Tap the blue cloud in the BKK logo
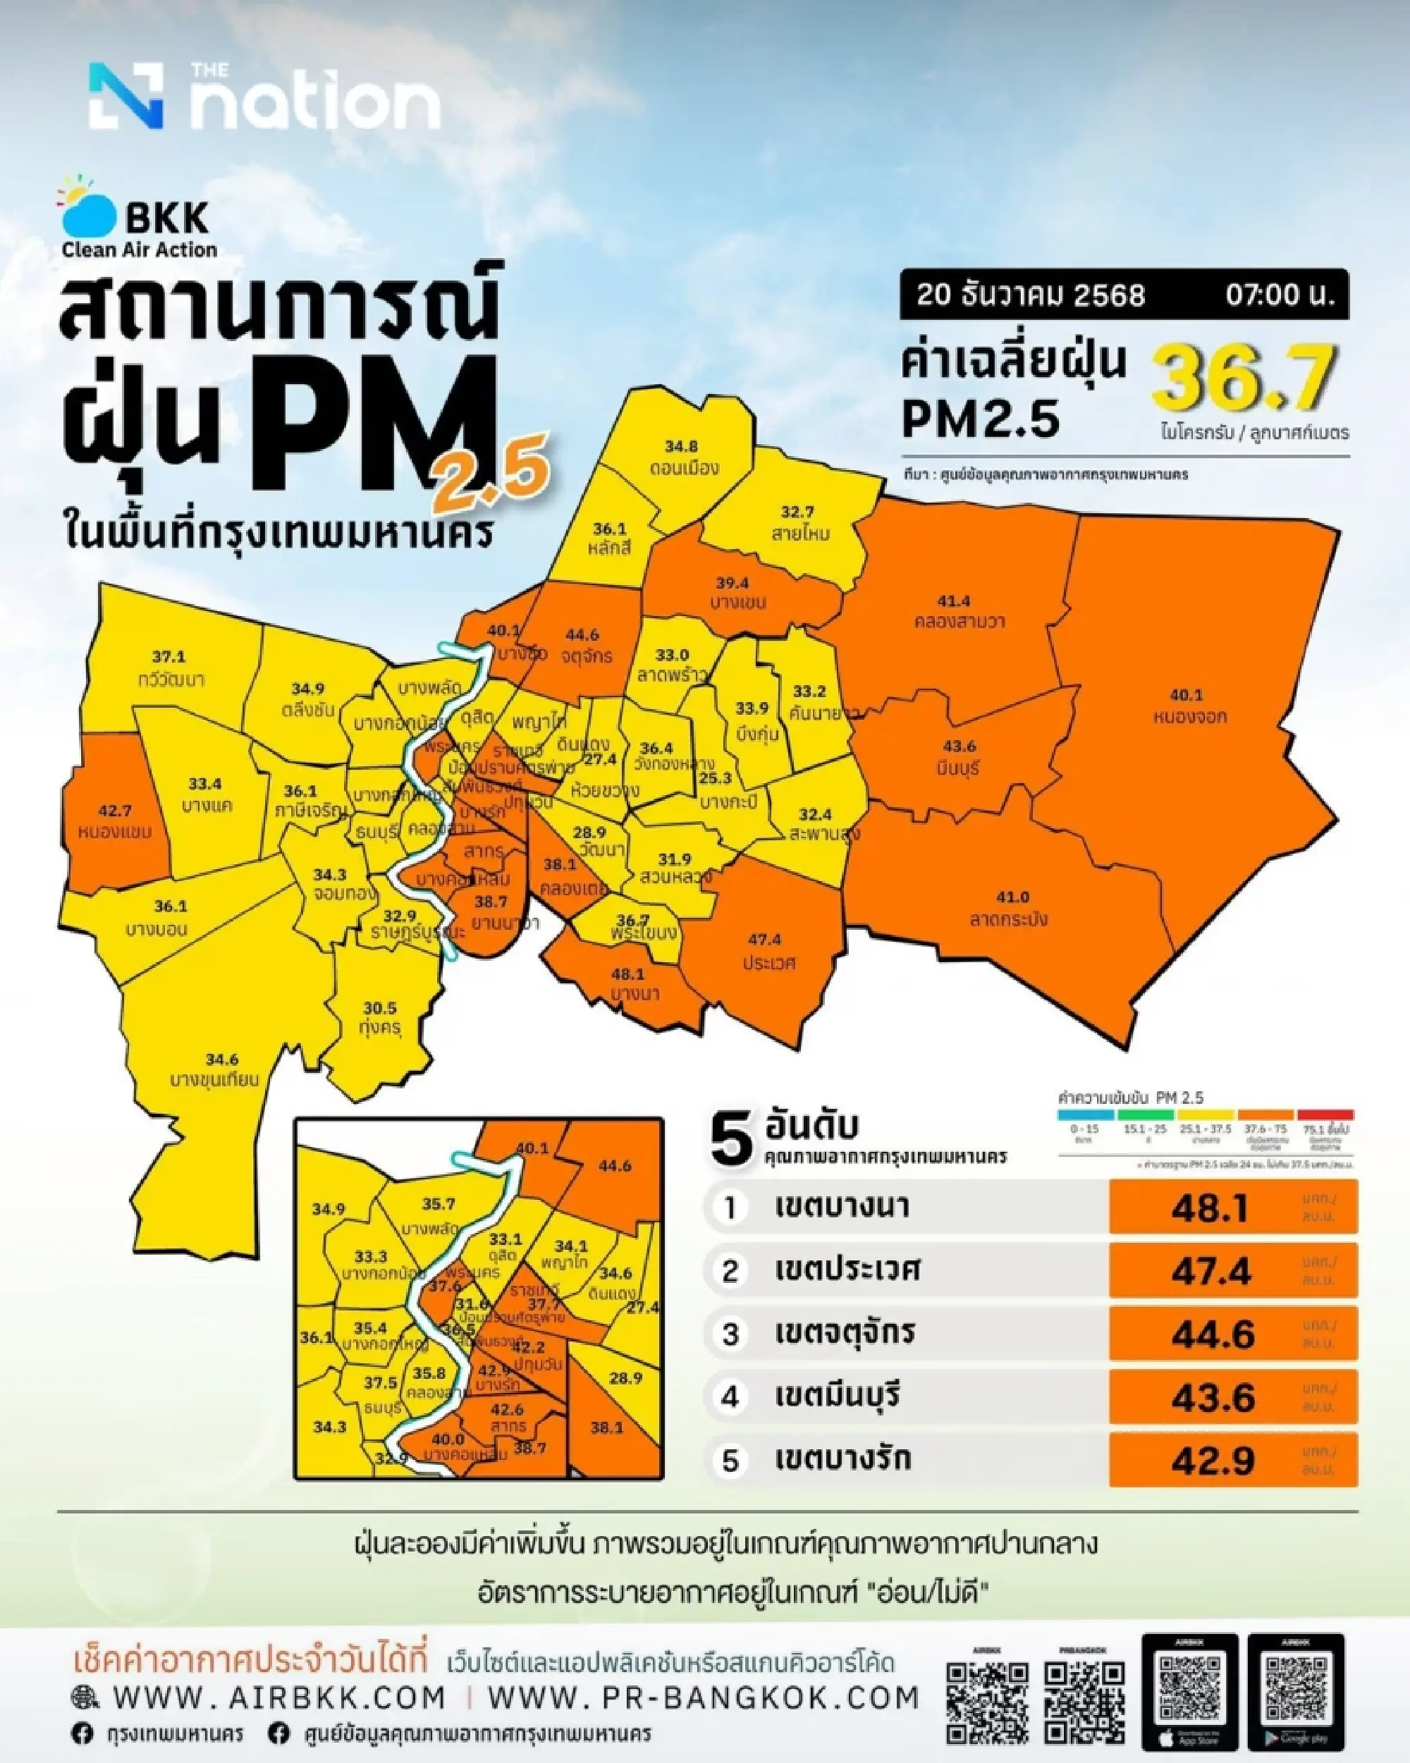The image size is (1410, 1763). coord(90,214)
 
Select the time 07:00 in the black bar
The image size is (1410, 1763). coord(1278,295)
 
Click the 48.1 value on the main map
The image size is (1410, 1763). coord(628,974)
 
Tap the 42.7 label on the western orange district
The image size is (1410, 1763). coord(116,811)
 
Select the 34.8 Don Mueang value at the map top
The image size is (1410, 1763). coord(680,446)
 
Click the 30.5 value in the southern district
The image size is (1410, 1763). coord(379,1008)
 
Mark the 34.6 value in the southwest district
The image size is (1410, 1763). coord(221,1059)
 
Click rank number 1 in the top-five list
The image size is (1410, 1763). coord(730,1208)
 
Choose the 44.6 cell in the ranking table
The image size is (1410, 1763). coord(1212,1334)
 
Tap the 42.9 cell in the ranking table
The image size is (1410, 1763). coord(1212,1461)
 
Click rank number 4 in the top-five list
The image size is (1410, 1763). coord(730,1396)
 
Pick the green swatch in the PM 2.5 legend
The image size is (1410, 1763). coord(1144,1114)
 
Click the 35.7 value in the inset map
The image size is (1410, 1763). coord(439,1205)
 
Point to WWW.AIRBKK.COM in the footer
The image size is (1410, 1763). coord(279,1697)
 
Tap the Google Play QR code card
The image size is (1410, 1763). coord(1296,1693)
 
